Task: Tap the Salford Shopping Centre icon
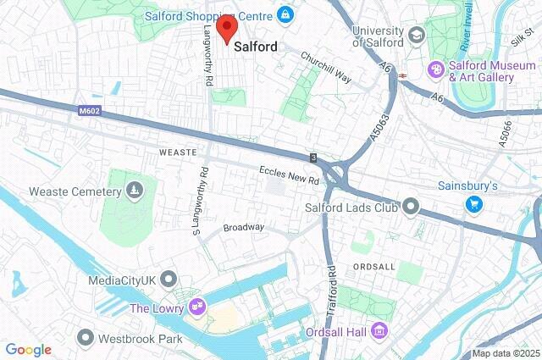click(285, 15)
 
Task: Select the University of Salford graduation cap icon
click(416, 35)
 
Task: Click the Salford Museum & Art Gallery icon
click(437, 69)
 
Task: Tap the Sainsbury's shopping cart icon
click(474, 203)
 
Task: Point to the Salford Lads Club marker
click(412, 206)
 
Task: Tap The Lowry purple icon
click(197, 306)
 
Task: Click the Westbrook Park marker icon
click(85, 338)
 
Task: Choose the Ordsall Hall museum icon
click(380, 330)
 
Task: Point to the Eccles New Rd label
click(289, 175)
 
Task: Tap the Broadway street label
click(243, 227)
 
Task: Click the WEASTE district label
click(177, 152)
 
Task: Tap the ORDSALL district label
click(374, 266)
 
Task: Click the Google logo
click(28, 349)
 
